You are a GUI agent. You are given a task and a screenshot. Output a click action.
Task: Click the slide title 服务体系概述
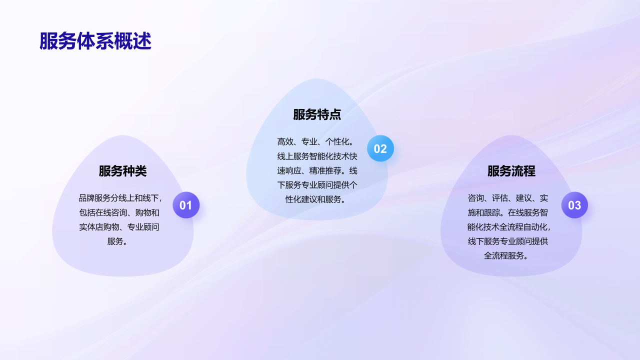(x=95, y=41)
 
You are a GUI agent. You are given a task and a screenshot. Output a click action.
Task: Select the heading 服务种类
(x=122, y=171)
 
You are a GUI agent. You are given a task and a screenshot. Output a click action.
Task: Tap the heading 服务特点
(x=317, y=114)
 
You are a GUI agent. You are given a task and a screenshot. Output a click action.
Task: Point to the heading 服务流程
(x=511, y=171)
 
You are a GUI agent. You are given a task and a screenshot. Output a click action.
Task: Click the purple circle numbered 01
(x=186, y=205)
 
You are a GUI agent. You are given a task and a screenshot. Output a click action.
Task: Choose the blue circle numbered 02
(x=380, y=148)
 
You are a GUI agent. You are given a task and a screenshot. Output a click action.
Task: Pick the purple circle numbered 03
(x=574, y=205)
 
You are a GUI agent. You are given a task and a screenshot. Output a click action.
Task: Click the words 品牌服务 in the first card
(x=94, y=198)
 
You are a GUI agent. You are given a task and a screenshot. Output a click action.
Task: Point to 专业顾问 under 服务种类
(x=143, y=227)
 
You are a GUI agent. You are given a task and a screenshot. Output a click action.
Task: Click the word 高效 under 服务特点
(x=285, y=141)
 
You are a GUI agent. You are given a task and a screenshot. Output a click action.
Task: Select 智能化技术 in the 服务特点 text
(x=329, y=156)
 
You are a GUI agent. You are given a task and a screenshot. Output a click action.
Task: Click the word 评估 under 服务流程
(x=500, y=198)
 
